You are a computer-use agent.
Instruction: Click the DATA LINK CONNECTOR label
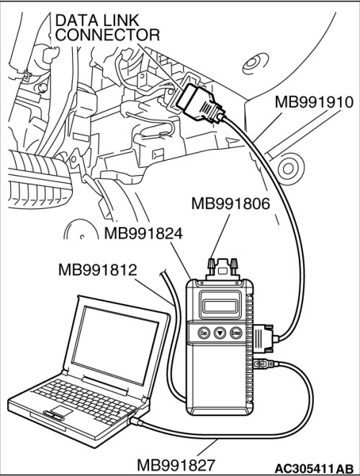[x=107, y=28]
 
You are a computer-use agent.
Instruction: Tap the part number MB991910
[x=314, y=102]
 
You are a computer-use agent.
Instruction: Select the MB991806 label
[x=230, y=204]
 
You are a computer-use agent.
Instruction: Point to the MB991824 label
[x=143, y=234]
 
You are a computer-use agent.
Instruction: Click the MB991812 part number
[x=97, y=270]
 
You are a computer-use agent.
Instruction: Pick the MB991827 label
[x=176, y=465]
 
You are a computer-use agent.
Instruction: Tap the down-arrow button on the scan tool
[x=220, y=333]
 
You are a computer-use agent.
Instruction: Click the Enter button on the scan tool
[x=236, y=333]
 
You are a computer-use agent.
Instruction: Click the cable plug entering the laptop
[x=136, y=421]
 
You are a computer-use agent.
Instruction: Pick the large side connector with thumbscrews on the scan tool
[x=264, y=338]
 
